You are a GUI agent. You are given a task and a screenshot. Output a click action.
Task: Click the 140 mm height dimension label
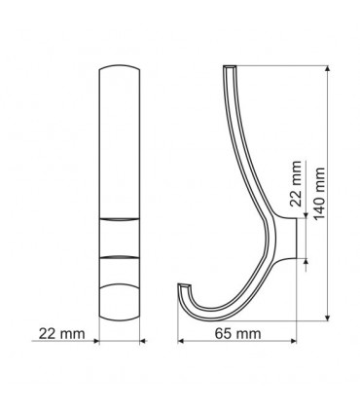(x=319, y=194)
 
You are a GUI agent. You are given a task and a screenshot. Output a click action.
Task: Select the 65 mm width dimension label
(x=237, y=333)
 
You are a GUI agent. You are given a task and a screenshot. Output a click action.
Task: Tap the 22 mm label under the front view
(x=61, y=333)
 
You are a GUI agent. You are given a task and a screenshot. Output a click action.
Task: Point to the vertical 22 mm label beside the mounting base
(x=296, y=184)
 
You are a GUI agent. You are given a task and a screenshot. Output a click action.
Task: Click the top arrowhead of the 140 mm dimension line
(x=328, y=68)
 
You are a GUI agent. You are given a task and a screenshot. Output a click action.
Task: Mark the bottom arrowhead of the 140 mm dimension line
(x=328, y=318)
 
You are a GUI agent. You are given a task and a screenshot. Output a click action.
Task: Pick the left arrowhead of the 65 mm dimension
(x=181, y=341)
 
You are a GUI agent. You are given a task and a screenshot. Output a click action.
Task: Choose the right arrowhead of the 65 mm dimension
(x=294, y=341)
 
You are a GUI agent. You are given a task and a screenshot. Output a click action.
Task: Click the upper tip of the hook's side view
(x=230, y=67)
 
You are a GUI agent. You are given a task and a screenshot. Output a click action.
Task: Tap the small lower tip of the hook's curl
(x=184, y=285)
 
